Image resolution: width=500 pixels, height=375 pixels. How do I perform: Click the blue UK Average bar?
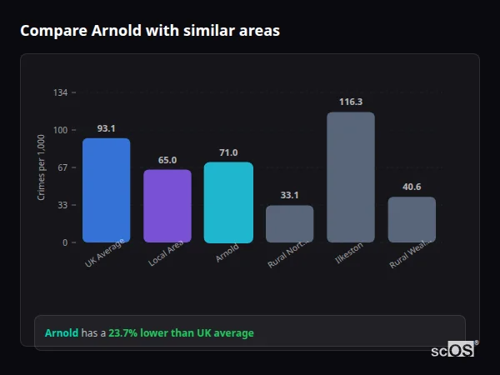(x=106, y=190)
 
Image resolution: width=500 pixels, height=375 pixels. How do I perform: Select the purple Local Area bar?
(x=167, y=206)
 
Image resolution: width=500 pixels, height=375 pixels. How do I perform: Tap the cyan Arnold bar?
(x=228, y=202)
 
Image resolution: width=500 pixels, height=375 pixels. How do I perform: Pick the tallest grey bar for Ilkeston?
(x=351, y=177)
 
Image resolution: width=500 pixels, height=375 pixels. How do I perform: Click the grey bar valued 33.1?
(x=289, y=223)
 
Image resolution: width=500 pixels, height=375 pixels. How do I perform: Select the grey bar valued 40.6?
(x=412, y=219)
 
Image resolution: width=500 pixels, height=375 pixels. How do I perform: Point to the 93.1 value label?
(x=106, y=129)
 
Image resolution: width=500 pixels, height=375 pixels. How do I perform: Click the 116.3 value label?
(x=351, y=102)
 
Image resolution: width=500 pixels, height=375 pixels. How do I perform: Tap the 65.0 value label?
(x=167, y=160)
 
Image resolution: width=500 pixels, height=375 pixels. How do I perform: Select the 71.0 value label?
(x=228, y=152)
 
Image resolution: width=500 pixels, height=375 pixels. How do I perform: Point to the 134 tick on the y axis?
(x=60, y=92)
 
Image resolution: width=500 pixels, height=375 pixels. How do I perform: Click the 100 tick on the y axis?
(x=60, y=130)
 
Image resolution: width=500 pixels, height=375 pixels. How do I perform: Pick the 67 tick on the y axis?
(x=62, y=167)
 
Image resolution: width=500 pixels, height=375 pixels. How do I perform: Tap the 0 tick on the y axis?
(x=64, y=242)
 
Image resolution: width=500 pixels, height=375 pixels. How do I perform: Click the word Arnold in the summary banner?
(x=62, y=332)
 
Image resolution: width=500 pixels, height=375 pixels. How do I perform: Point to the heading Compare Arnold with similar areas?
(x=150, y=31)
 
